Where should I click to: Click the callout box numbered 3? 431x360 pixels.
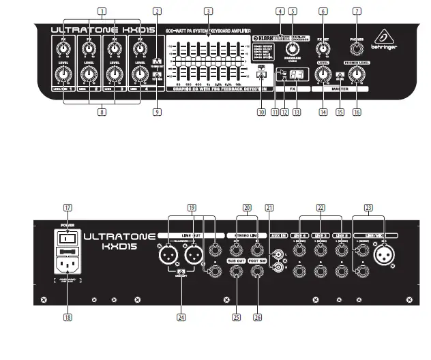tap(208, 12)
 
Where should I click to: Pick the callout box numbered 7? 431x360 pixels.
tap(357, 12)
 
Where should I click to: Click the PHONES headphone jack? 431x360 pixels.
tap(357, 47)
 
